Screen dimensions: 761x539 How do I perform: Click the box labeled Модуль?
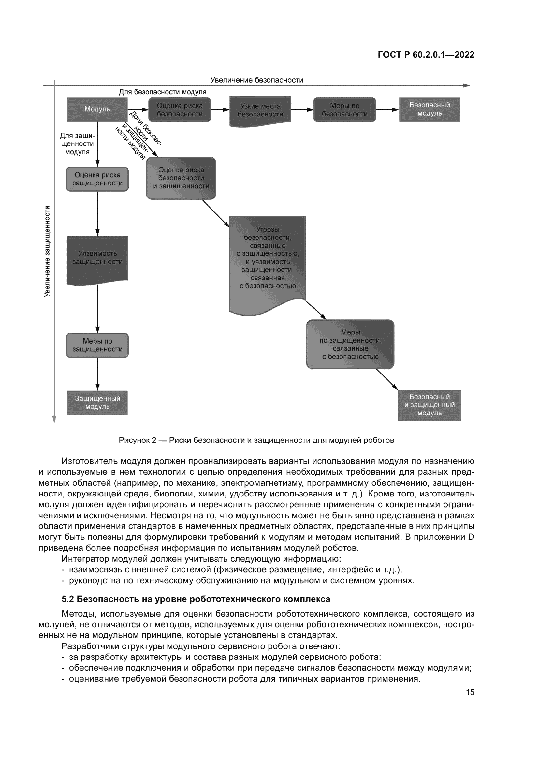pos(97,109)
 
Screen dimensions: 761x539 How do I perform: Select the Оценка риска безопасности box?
pos(180,110)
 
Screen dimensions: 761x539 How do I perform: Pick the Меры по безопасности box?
pos(344,110)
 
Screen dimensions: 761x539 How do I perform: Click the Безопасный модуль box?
pos(430,109)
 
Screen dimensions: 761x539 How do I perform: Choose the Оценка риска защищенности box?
pos(97,179)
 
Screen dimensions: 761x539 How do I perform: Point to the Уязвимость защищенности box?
pos(97,258)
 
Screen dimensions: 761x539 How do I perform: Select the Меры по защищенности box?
pos(97,346)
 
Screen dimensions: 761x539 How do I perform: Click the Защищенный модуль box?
pos(97,403)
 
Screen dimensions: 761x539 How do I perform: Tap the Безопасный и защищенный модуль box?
pos(430,405)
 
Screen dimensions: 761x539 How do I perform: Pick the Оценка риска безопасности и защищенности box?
pos(181,178)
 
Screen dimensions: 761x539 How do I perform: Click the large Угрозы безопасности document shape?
pos(268,259)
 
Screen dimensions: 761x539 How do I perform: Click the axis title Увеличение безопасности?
pos(256,80)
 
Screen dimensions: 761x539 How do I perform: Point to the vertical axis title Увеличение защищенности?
pos(47,251)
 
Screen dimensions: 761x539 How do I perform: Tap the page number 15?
pos(470,692)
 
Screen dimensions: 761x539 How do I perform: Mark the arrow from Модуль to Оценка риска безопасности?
pos(138,110)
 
